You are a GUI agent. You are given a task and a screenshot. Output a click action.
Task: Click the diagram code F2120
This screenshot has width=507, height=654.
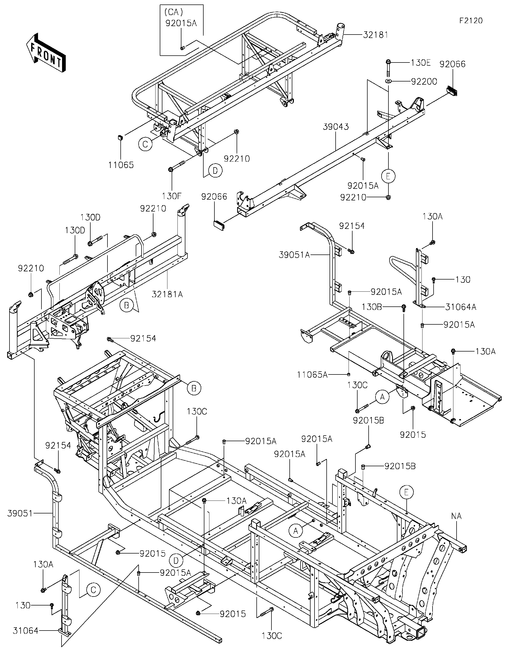point(471,21)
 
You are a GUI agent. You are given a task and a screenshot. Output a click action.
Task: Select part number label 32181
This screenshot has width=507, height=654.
point(375,35)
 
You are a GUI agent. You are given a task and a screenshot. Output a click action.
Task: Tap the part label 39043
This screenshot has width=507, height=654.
point(336,127)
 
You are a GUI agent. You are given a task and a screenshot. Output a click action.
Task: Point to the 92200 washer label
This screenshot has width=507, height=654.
point(424,81)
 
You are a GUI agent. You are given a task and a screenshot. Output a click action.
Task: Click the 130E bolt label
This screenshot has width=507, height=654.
point(420,63)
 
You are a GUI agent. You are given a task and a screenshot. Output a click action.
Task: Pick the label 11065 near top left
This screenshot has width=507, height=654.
point(121,165)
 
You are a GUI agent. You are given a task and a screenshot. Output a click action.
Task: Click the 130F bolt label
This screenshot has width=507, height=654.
point(172,196)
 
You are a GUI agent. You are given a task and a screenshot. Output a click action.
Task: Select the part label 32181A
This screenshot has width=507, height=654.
point(167,294)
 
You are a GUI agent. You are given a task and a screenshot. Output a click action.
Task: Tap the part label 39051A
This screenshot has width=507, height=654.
point(294,255)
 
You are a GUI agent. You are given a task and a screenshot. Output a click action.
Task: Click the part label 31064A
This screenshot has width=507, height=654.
point(461,307)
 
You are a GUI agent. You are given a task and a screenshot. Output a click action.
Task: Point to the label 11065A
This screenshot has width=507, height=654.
point(312,375)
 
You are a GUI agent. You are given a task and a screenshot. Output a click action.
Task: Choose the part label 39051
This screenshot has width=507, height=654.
point(20,513)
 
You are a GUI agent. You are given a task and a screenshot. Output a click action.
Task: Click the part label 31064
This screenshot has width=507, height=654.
point(26,631)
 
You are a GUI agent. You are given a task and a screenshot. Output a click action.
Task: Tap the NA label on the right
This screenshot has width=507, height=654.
point(456,516)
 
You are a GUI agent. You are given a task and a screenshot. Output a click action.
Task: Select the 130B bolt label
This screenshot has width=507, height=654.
point(372,307)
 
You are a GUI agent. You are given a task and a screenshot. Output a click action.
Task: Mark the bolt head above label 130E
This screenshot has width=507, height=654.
point(388,63)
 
